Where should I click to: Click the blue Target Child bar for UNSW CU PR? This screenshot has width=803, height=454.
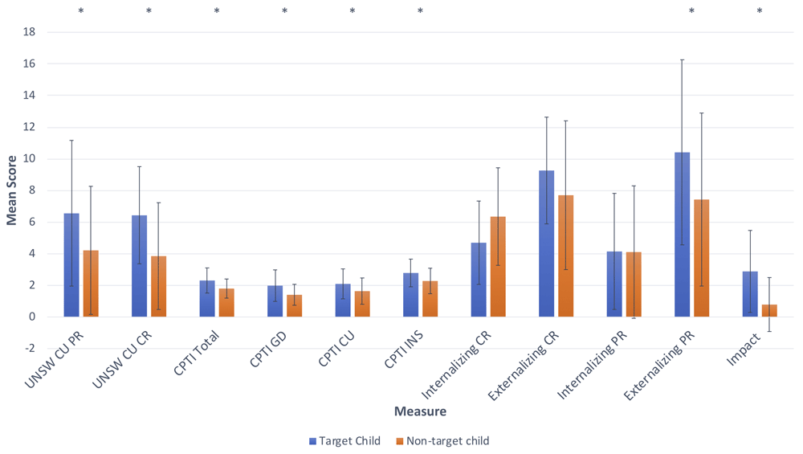(x=71, y=265)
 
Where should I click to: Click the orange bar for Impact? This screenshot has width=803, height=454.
(x=769, y=311)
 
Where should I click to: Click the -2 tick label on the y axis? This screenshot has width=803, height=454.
(x=30, y=349)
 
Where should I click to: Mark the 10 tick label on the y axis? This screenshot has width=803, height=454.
(x=30, y=159)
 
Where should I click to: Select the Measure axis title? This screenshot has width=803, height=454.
(x=420, y=411)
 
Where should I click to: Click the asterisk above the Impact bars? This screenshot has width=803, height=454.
(x=760, y=11)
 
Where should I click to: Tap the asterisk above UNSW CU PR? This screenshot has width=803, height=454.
(x=80, y=11)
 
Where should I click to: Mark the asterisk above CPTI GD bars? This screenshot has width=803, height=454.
(x=284, y=11)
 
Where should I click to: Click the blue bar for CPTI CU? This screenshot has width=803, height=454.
(x=343, y=301)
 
